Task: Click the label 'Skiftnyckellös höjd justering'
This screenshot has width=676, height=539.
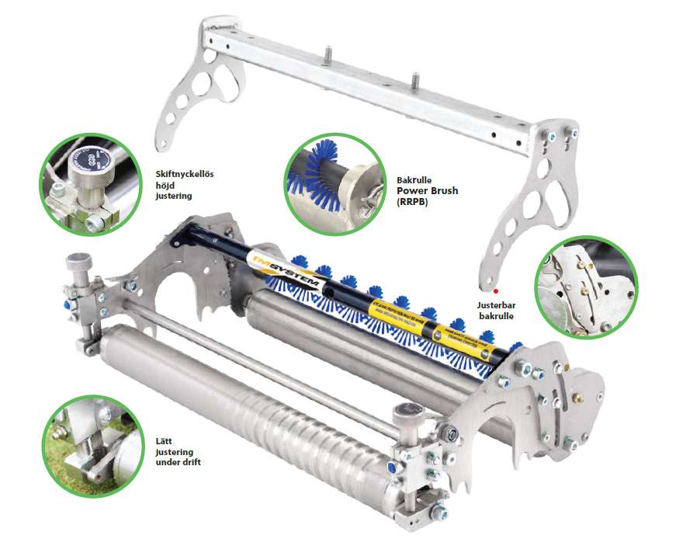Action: pyautogui.click(x=185, y=185)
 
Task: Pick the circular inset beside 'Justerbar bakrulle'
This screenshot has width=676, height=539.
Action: pyautogui.click(x=586, y=287)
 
